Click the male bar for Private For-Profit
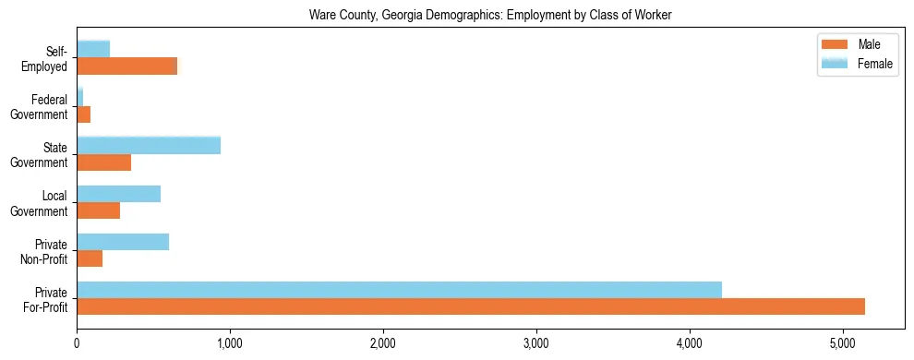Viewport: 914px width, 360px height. coord(471,306)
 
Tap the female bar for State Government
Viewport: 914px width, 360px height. coord(149,145)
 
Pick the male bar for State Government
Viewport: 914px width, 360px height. coord(103,162)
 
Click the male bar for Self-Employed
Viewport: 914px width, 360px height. coord(126,66)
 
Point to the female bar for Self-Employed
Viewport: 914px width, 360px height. coord(93,49)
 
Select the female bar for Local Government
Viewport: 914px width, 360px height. coord(118,194)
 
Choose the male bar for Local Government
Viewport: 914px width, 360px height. coord(98,210)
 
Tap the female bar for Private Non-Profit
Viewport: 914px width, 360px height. coord(123,242)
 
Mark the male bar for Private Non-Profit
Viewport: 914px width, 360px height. coord(90,258)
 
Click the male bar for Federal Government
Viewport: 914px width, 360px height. coord(83,114)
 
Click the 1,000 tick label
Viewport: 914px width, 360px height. coord(230,343)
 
